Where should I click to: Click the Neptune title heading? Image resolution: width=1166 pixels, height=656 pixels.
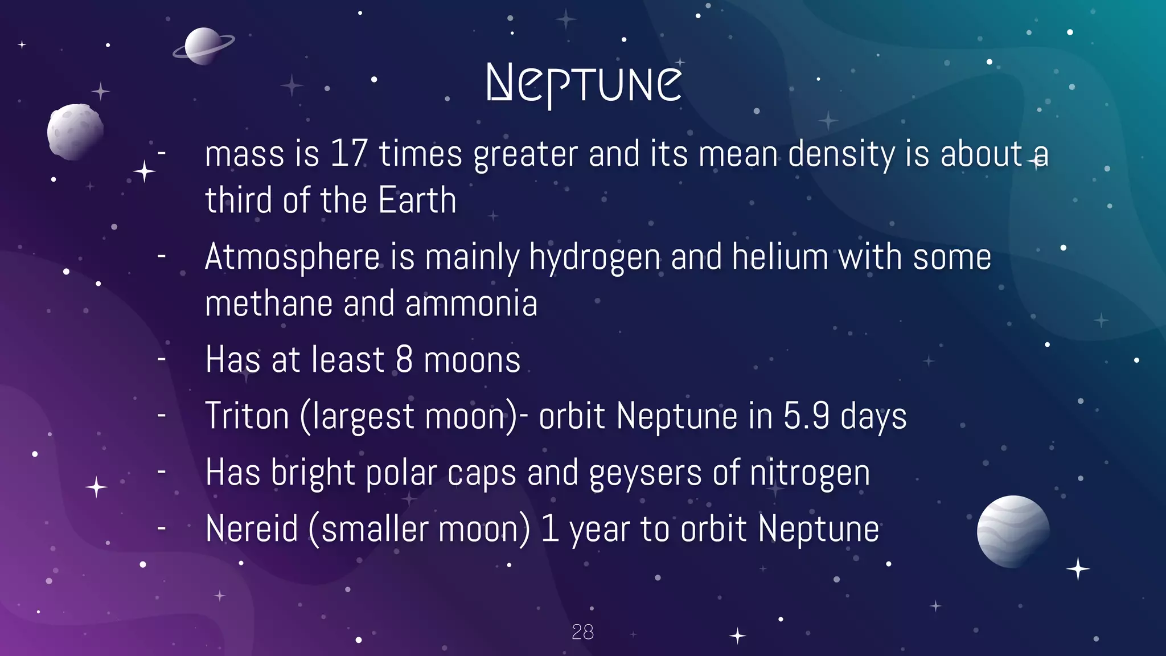pyautogui.click(x=584, y=84)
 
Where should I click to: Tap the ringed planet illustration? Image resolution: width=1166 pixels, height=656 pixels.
pyautogui.click(x=203, y=46)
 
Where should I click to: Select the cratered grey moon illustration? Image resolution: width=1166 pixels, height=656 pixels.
pyautogui.click(x=75, y=132)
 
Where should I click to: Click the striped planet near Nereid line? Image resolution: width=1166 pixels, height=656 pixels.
pyautogui.click(x=1013, y=531)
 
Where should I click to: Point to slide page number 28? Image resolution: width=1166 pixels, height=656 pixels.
pyautogui.click(x=582, y=632)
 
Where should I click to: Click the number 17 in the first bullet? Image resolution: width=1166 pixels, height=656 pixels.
pyautogui.click(x=348, y=154)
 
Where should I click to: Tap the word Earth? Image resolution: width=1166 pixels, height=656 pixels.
pyautogui.click(x=417, y=200)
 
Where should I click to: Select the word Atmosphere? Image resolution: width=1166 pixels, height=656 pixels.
pyautogui.click(x=292, y=257)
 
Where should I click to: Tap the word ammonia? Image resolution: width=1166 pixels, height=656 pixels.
pyautogui.click(x=471, y=304)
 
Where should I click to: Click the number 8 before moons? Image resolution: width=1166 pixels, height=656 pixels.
pyautogui.click(x=404, y=360)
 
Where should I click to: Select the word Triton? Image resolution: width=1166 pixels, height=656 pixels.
pyautogui.click(x=247, y=416)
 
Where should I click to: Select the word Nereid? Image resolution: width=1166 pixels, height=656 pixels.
pyautogui.click(x=252, y=529)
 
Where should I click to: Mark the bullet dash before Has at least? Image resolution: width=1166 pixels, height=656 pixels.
pyautogui.click(x=162, y=359)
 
